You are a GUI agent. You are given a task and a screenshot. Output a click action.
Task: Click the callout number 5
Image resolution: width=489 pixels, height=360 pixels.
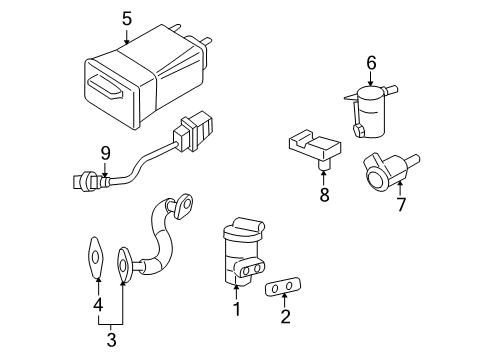coord(126,18)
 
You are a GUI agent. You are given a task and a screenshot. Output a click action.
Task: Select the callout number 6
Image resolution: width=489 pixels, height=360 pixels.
coord(370,63)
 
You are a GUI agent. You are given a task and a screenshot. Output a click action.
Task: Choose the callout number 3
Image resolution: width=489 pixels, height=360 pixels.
coord(111,340)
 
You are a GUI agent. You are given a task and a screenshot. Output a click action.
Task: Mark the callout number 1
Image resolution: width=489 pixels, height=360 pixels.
coord(237,311)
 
